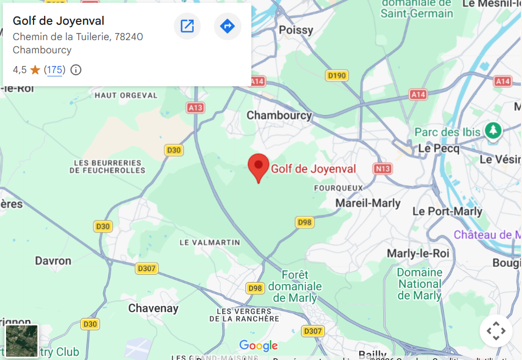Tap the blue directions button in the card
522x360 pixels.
click(x=227, y=26)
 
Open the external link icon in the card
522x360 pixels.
click(x=187, y=26)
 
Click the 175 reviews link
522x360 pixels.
click(x=54, y=70)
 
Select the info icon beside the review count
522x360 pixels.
click(x=76, y=70)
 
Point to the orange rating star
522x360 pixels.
click(x=35, y=70)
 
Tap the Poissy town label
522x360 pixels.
click(x=296, y=30)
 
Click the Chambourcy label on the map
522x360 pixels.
click(x=279, y=115)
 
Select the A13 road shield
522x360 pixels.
click(x=195, y=108)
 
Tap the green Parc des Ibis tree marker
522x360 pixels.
click(x=493, y=131)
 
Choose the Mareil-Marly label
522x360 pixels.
click(x=368, y=203)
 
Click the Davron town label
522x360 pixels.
click(x=53, y=261)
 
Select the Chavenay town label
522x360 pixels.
click(x=153, y=308)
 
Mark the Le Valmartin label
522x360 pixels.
click(x=210, y=242)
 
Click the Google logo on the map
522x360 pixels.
click(x=259, y=346)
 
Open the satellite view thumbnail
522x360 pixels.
click(x=22, y=341)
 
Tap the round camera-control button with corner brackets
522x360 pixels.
click(x=496, y=331)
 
